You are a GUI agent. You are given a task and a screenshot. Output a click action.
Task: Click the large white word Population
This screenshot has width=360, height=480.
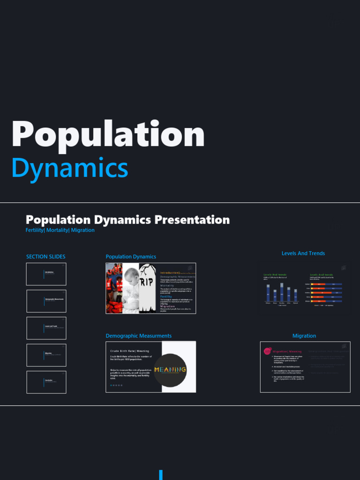tap(108, 135)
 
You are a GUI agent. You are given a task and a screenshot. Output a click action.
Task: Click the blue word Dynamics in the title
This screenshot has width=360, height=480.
tap(69, 168)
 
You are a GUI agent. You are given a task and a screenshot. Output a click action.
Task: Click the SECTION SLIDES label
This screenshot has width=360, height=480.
tap(46, 256)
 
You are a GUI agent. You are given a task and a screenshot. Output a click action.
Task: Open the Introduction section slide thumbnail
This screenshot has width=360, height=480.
tap(46, 274)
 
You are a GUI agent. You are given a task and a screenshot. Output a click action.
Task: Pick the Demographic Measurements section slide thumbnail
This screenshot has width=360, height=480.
tap(46, 301)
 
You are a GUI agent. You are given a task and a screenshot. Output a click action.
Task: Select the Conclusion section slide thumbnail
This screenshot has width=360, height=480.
tap(46, 382)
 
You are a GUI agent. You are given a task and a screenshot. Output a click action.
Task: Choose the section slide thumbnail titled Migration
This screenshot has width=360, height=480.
tap(46, 355)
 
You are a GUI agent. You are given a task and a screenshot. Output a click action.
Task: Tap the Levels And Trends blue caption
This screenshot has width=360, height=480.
tap(303, 253)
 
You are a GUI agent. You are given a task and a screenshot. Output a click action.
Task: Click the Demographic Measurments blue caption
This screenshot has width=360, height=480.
tap(138, 336)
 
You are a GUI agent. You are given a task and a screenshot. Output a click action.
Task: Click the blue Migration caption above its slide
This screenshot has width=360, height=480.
tap(304, 336)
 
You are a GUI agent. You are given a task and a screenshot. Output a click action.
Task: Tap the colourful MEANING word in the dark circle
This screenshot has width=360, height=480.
tap(170, 369)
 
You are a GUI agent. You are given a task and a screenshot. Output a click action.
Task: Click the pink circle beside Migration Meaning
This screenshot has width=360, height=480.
tap(267, 351)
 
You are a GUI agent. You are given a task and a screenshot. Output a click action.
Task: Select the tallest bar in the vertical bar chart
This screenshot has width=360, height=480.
tap(282, 292)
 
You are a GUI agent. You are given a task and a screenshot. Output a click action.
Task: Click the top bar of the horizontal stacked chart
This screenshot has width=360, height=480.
tap(327, 284)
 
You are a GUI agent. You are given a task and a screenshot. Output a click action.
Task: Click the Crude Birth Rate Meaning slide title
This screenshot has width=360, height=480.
tap(129, 351)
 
